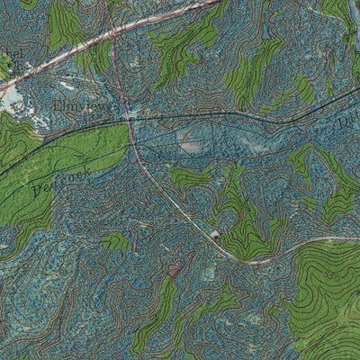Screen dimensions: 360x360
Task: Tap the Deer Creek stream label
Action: pyautogui.click(x=56, y=183)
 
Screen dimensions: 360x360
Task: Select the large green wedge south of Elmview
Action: pyautogui.click(x=63, y=162)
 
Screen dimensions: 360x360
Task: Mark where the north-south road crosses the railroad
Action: pyautogui.click(x=131, y=118)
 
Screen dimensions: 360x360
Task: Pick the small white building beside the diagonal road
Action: pyautogui.click(x=215, y=235)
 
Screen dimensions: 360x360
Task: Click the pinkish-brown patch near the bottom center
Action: pyautogui.click(x=175, y=268)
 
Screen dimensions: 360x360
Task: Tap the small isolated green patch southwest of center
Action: pyautogui.click(x=115, y=240)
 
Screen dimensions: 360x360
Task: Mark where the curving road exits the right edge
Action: pyautogui.click(x=357, y=238)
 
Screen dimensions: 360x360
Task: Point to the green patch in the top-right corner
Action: pyautogui.click(x=340, y=13)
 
